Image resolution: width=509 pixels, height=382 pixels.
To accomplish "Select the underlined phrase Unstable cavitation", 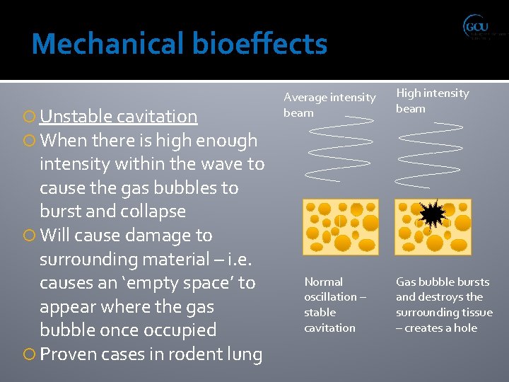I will pos(118,116).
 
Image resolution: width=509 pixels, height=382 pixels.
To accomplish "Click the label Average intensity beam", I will pos(329,105).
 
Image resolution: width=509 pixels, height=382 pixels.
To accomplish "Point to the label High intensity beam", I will pos(432,100).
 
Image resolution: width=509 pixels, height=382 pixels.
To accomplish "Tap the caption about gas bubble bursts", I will pos(444,304).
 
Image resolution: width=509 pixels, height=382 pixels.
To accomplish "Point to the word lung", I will pos(245,354).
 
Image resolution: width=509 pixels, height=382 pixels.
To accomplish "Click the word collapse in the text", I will pos(151,211).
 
